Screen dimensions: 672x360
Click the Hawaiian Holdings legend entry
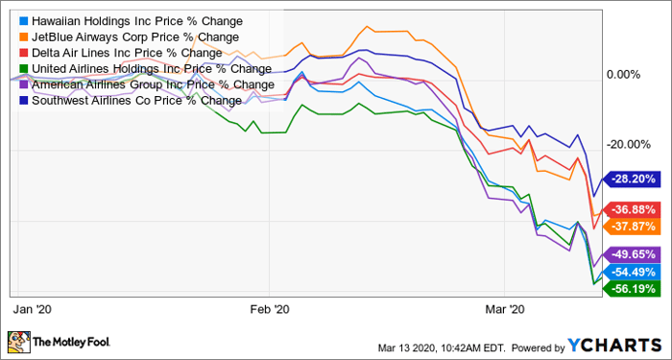132,21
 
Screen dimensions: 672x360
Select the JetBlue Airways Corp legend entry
129,37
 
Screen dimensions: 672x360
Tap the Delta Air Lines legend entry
121,53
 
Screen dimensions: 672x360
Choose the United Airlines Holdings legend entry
146,68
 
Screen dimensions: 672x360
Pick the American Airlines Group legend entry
147,84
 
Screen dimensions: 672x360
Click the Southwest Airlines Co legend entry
131,100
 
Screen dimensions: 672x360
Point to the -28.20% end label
631,179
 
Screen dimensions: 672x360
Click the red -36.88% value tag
631,210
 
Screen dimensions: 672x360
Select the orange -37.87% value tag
631,226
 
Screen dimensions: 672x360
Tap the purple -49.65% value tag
631,254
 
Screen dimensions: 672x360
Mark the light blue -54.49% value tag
631,272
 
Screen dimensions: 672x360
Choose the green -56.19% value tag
631,288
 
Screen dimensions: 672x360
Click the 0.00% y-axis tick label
622,75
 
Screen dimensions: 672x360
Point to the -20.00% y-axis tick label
626,145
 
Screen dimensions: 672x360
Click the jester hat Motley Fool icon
19,341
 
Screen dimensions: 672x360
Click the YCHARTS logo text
615,345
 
